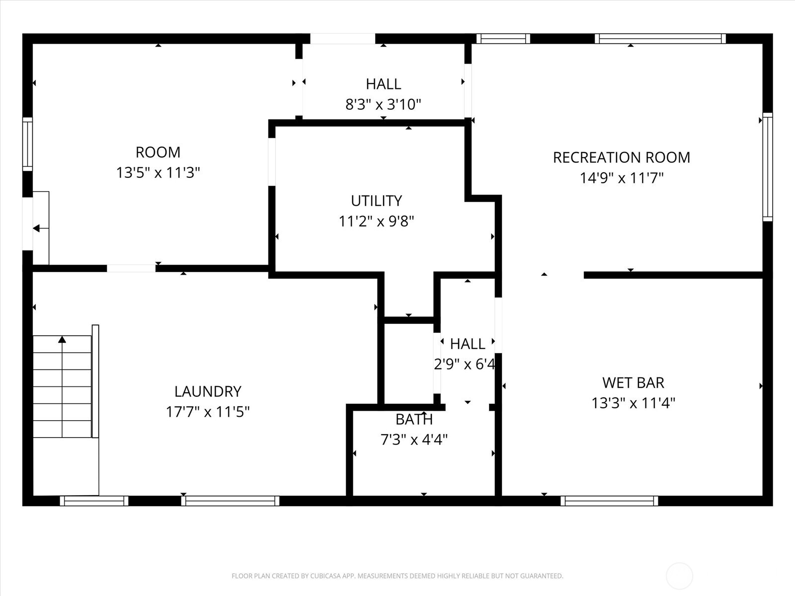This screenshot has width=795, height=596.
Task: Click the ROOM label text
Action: coord(158,152)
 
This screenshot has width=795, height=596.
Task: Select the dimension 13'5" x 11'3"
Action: coord(158,173)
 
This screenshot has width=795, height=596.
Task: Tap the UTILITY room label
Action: coord(376,201)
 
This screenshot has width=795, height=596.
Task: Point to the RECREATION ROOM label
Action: coord(622,157)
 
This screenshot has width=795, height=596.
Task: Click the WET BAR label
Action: coord(633,382)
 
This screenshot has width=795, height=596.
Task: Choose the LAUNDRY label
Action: coord(208,391)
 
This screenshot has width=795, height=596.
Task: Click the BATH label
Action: coord(414,420)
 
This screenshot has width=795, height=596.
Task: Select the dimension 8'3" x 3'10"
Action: coord(383,105)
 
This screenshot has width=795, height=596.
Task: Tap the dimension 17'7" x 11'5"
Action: coord(208,412)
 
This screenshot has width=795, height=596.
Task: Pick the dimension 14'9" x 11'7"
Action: coord(622,178)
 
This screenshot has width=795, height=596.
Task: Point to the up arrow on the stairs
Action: coord(62,340)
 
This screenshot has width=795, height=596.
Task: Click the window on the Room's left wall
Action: coord(27,144)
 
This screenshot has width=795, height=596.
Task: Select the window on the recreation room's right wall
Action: coord(768,167)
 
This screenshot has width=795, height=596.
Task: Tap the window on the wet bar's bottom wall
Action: coord(609,501)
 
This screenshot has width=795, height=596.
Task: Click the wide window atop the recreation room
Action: coord(660,39)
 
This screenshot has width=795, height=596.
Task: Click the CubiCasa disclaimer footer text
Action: coord(397,576)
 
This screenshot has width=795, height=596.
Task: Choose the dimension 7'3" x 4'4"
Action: coord(414,440)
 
